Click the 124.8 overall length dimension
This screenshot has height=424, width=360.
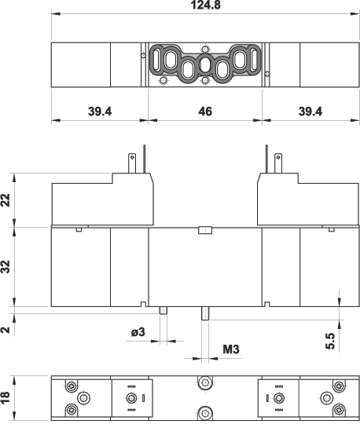pos(206,5)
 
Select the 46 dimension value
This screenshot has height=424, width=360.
pos(205,111)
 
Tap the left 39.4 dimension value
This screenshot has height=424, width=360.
pos(100,111)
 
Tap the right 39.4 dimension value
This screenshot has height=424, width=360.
pos(310,111)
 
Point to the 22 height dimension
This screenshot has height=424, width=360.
pos(6,200)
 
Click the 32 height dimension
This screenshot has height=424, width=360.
pos(6,267)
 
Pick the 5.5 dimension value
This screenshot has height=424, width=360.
pos(330,341)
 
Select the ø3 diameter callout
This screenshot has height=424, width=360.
pos(138,332)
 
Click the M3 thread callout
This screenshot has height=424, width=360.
pos(231,349)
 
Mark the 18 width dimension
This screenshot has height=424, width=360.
pos(6,398)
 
